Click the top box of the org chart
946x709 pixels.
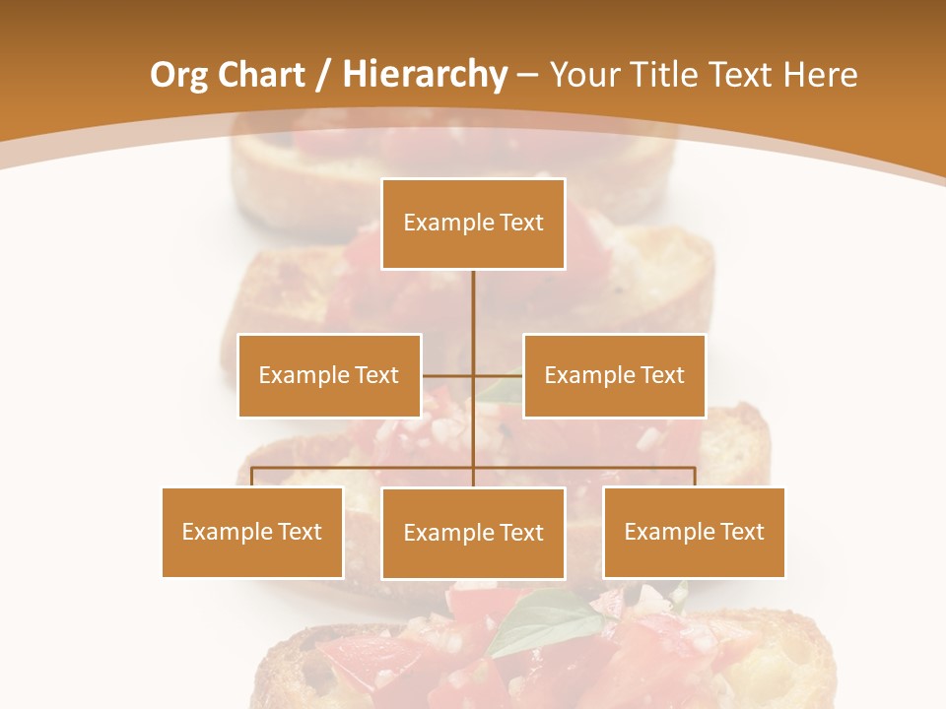point(473,224)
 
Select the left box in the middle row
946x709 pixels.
point(329,375)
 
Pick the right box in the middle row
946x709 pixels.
point(614,375)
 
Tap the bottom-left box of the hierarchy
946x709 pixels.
point(252,532)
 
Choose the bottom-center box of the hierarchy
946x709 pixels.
point(473,533)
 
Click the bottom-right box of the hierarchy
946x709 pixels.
point(694,532)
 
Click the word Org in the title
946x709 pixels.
point(178,75)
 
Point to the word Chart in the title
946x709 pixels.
point(262,75)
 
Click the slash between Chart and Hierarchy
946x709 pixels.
point(323,75)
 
